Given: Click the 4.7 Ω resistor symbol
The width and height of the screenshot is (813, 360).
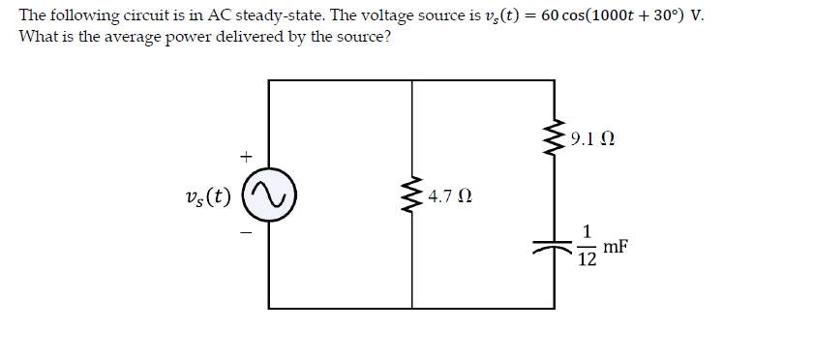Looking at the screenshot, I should [x=413, y=198].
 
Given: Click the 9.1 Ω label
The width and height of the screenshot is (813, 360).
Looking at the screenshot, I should [x=592, y=139].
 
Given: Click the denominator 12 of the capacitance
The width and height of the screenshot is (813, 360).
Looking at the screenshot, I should [x=587, y=258].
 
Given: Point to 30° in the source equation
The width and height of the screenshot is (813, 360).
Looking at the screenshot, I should [x=657, y=16].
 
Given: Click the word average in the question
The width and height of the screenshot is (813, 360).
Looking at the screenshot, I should [x=130, y=38].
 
